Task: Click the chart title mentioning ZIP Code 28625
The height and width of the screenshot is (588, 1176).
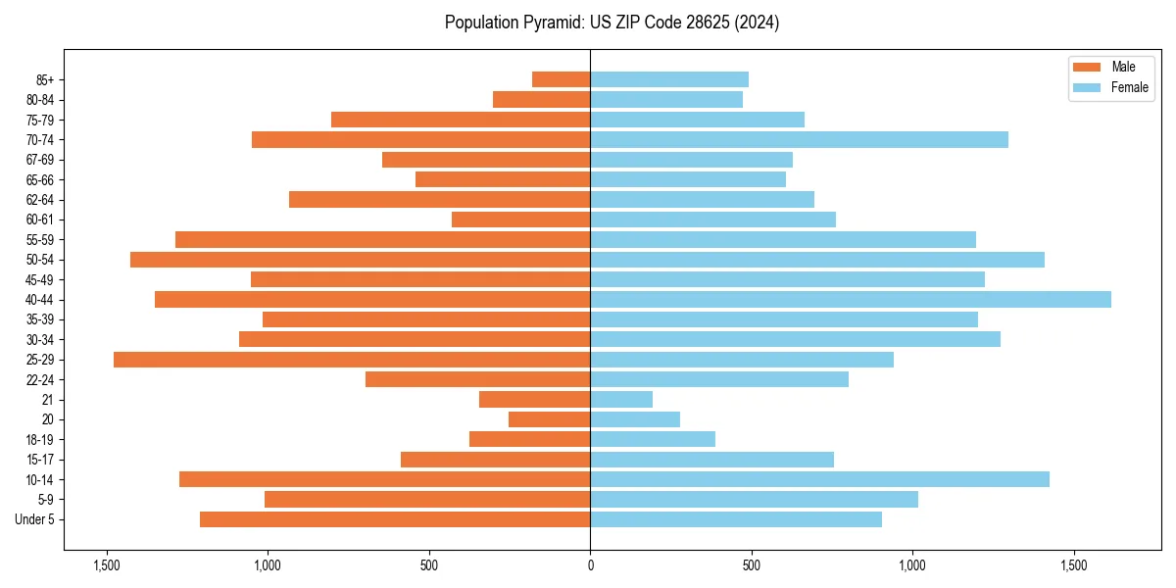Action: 612,23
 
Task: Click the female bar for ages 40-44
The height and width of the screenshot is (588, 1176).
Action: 850,299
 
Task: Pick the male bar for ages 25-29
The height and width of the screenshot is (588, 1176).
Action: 352,360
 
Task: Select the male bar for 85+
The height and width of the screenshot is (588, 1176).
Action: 561,79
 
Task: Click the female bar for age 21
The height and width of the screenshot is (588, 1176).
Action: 621,399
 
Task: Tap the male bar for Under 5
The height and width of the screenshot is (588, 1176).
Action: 395,519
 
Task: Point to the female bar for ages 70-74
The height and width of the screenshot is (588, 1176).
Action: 799,139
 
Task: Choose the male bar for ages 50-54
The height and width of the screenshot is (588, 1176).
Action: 360,260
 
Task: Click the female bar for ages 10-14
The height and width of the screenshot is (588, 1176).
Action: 819,479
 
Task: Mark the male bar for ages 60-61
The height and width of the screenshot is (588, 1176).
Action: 520,220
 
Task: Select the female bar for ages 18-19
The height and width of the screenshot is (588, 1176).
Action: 653,439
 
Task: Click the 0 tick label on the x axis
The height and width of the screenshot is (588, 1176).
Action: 590,565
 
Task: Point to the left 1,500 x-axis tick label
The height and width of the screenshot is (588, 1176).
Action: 106,565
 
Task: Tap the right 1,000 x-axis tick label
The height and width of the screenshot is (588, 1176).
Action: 912,565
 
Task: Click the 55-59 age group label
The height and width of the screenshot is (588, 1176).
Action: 40,239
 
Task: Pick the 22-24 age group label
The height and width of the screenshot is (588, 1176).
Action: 40,379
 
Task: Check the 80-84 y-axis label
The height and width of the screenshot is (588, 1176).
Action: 40,99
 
